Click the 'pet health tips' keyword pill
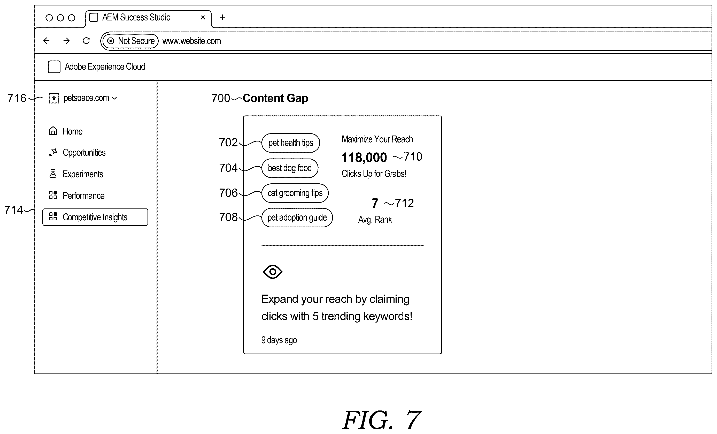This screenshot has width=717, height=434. (290, 143)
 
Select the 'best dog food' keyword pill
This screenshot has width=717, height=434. (290, 168)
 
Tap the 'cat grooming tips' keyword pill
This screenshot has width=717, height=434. (295, 193)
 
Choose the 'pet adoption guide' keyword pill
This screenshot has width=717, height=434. (297, 218)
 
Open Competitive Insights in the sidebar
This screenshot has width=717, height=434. (95, 217)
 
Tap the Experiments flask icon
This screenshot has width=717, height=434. (53, 174)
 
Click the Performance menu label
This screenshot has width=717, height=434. (83, 196)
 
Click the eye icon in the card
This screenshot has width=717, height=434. (272, 272)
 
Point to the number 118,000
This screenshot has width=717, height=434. (364, 158)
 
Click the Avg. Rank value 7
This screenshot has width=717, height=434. (375, 203)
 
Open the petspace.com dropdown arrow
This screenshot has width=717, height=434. (114, 98)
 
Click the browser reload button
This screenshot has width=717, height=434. (86, 41)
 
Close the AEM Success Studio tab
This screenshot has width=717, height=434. (203, 18)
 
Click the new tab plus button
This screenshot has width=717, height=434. (223, 18)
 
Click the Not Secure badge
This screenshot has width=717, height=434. (131, 41)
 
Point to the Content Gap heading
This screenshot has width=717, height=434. (275, 98)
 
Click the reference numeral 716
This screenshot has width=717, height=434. (17, 98)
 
